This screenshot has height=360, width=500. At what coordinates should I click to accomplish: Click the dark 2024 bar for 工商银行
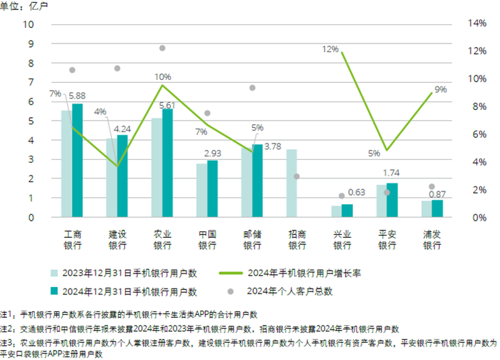pyautogui.click(x=77, y=160)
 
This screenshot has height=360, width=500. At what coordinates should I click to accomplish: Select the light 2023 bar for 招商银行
pyautogui.click(x=291, y=183)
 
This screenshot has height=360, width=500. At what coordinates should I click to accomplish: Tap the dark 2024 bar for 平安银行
pyautogui.click(x=392, y=200)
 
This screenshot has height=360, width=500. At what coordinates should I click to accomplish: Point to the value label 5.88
pyautogui.click(x=76, y=96)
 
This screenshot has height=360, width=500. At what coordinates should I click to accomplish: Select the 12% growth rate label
pyautogui.click(x=330, y=49)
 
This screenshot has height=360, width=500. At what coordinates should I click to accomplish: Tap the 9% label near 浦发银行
pyautogui.click(x=440, y=89)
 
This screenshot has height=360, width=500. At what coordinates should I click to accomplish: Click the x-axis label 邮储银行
pyautogui.click(x=252, y=239)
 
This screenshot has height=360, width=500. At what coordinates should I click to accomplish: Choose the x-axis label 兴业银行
pyautogui.click(x=341, y=239)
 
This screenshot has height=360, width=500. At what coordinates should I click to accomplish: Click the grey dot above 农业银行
pyautogui.click(x=162, y=48)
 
